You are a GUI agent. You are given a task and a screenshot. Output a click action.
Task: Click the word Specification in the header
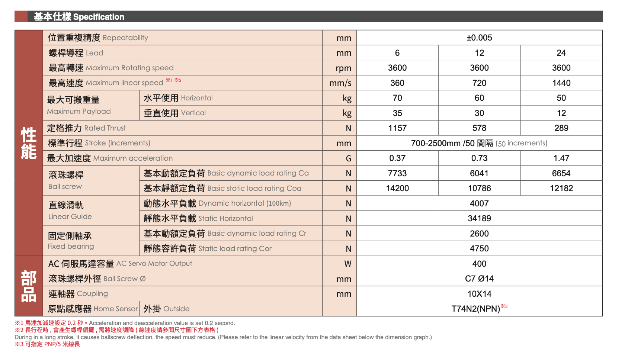click(99, 17)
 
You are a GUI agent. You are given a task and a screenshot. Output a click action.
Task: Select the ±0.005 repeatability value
click(479, 38)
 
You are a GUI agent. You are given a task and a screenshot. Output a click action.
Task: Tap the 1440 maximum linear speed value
click(561, 83)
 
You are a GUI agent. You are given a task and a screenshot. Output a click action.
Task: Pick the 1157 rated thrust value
click(397, 128)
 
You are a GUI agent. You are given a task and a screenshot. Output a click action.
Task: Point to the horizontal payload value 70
click(397, 98)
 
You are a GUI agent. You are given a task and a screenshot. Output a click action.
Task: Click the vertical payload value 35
click(397, 113)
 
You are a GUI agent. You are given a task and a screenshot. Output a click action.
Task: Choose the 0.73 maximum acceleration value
click(479, 158)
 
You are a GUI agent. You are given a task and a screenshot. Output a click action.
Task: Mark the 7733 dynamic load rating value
click(397, 173)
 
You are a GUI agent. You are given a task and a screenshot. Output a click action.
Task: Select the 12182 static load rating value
click(561, 188)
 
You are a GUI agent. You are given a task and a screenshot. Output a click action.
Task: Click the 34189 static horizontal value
click(479, 218)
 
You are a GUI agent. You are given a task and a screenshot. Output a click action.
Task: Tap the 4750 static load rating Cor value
click(479, 248)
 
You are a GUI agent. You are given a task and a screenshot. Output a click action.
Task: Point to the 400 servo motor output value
click(479, 264)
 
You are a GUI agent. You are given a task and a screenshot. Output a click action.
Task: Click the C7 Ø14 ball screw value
click(479, 279)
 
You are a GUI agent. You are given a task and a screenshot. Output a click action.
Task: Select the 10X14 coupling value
click(479, 294)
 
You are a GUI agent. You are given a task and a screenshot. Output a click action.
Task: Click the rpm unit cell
click(343, 68)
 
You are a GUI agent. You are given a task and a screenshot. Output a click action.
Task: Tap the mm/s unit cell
click(340, 83)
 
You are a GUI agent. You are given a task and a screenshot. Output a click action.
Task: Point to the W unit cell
click(347, 264)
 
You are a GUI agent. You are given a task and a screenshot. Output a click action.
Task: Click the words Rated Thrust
click(105, 128)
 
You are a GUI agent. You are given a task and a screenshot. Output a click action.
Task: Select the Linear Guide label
click(70, 216)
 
